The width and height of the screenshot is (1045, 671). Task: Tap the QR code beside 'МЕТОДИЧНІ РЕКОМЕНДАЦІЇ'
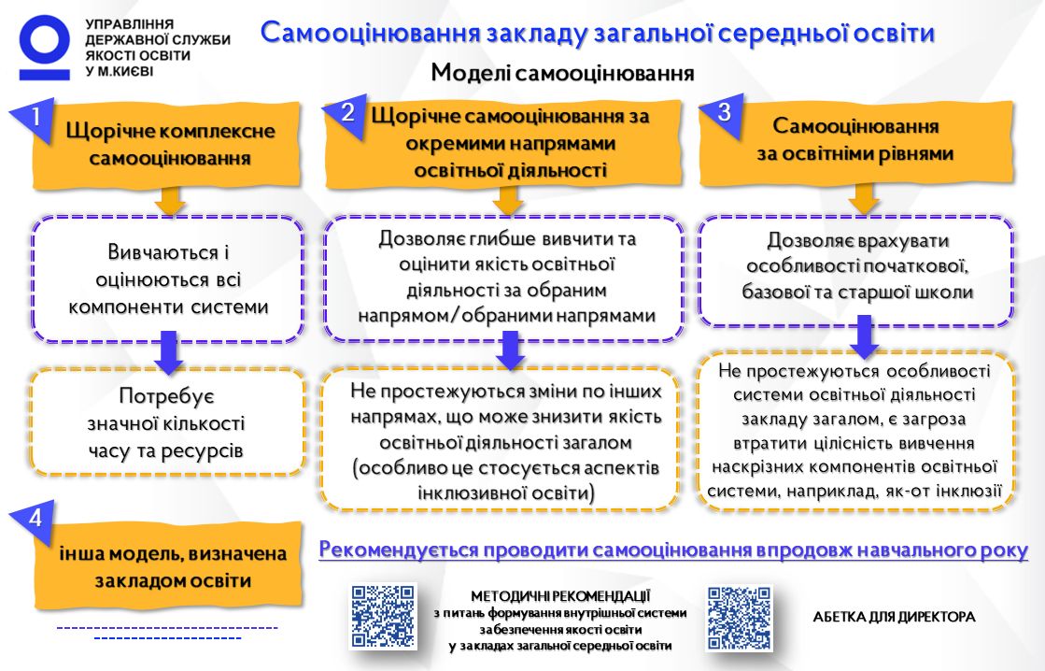point(383,617)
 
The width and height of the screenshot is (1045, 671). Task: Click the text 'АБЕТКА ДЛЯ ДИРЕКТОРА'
point(894,617)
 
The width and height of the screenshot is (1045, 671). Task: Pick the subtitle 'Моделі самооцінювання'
point(562,72)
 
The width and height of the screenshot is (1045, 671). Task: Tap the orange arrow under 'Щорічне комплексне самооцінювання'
point(170,201)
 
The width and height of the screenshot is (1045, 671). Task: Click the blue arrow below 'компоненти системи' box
point(169,352)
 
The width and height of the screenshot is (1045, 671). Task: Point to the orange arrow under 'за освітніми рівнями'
point(865,199)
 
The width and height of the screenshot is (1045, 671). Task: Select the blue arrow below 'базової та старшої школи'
point(865,336)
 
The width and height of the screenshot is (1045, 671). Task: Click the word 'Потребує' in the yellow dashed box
point(166,396)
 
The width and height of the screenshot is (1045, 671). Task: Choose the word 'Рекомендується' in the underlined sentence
point(399,550)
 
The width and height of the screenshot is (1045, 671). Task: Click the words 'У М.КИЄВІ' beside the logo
point(119,71)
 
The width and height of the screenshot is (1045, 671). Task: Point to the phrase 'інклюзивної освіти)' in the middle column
point(505,493)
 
